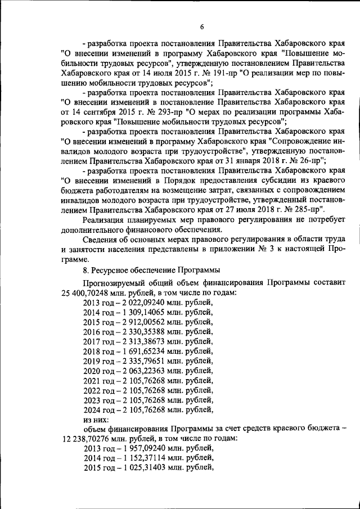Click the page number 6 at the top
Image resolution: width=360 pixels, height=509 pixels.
201,26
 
